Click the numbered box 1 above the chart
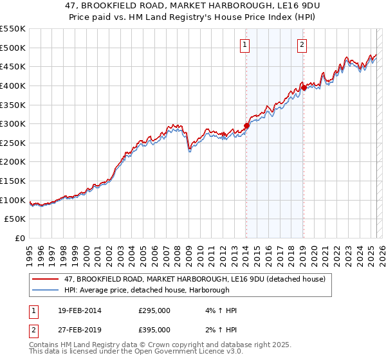click(246, 45)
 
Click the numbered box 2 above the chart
click(302, 45)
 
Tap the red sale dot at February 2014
click(246, 126)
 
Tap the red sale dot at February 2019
click(304, 88)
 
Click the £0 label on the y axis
click(20, 238)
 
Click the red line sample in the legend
click(46, 279)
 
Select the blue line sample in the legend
click(46, 290)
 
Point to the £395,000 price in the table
click(154, 329)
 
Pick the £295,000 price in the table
click(154, 310)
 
